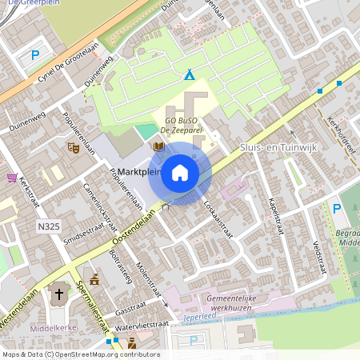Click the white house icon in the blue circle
[180, 173]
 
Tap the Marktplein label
[138, 172]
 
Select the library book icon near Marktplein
[158, 147]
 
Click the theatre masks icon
[73, 147]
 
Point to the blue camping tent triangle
[190, 75]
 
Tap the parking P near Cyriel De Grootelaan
[34, 55]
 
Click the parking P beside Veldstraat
[337, 209]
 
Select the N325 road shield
[49, 227]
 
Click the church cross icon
[58, 294]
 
